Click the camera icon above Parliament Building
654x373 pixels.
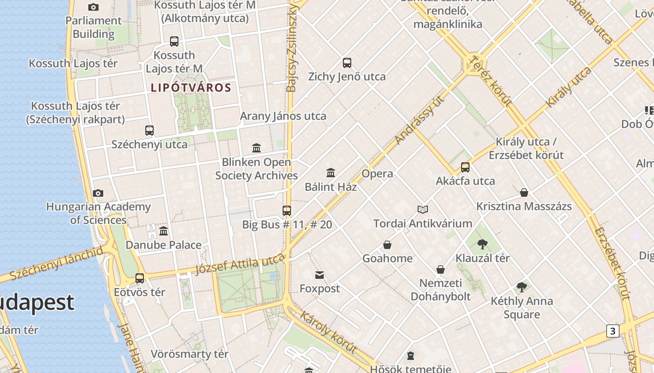93,7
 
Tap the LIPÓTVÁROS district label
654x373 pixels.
191,88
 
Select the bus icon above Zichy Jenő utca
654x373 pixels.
347,63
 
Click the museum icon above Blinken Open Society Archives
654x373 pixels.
256,148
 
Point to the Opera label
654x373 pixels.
377,174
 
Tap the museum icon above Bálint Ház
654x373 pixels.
331,173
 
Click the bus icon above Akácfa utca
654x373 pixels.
465,167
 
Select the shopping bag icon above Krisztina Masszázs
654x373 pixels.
524,193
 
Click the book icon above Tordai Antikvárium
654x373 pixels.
423,210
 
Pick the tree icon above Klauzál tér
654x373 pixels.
483,244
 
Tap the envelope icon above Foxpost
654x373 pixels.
320,275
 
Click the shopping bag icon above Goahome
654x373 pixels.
387,245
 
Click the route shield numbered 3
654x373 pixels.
612,331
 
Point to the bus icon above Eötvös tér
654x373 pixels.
140,278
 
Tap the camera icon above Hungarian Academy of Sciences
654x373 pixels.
98,193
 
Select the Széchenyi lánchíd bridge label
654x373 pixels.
56,263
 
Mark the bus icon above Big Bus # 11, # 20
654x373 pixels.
287,211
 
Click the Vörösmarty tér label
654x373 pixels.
189,354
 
